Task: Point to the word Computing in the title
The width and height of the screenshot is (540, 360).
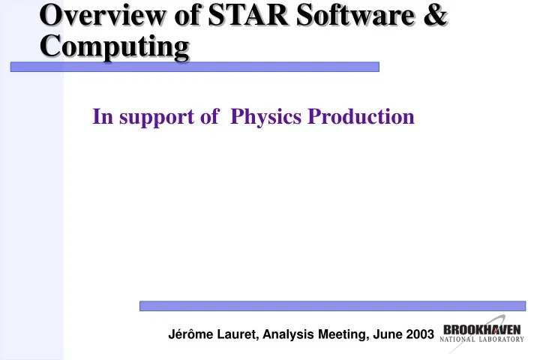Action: point(114,46)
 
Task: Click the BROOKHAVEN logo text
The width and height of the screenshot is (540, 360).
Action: point(483,329)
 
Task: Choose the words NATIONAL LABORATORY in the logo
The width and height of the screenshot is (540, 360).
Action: point(483,340)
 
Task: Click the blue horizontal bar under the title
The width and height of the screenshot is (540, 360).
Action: point(194,67)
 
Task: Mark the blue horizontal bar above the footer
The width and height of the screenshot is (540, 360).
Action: point(332,306)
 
